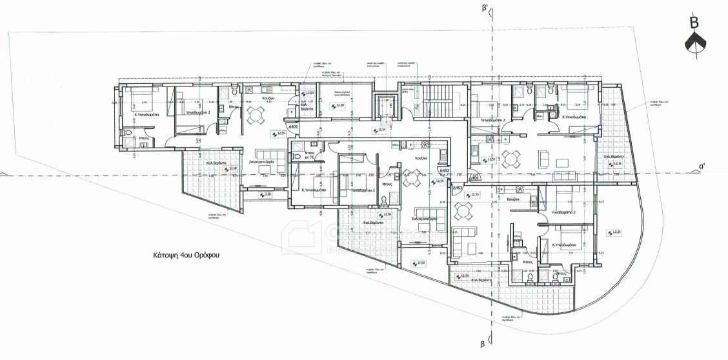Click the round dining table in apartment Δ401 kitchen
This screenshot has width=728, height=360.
point(256,115)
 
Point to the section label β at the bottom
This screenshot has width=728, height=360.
point(481,343)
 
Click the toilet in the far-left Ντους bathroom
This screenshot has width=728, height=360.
point(128,135)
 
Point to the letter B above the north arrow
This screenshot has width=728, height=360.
point(694,23)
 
